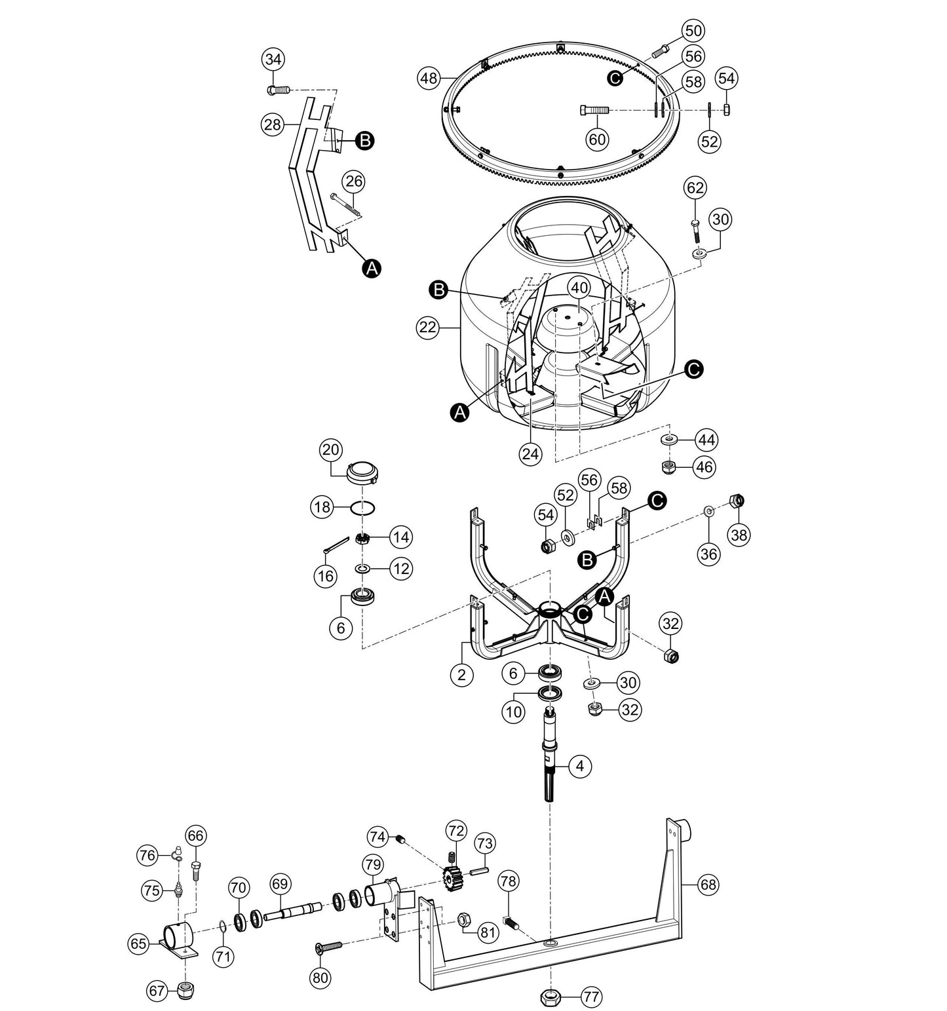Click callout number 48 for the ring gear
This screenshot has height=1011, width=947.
429,79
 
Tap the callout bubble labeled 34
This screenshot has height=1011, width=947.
274,60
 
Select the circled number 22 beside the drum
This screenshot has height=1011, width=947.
427,328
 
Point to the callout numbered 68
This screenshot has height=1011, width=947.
708,885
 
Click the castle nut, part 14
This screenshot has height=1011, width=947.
361,539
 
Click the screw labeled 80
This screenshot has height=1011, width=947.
328,946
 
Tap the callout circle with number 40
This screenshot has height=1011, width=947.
579,287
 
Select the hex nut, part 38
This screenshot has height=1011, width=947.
737,501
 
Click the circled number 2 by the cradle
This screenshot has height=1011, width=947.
462,675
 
